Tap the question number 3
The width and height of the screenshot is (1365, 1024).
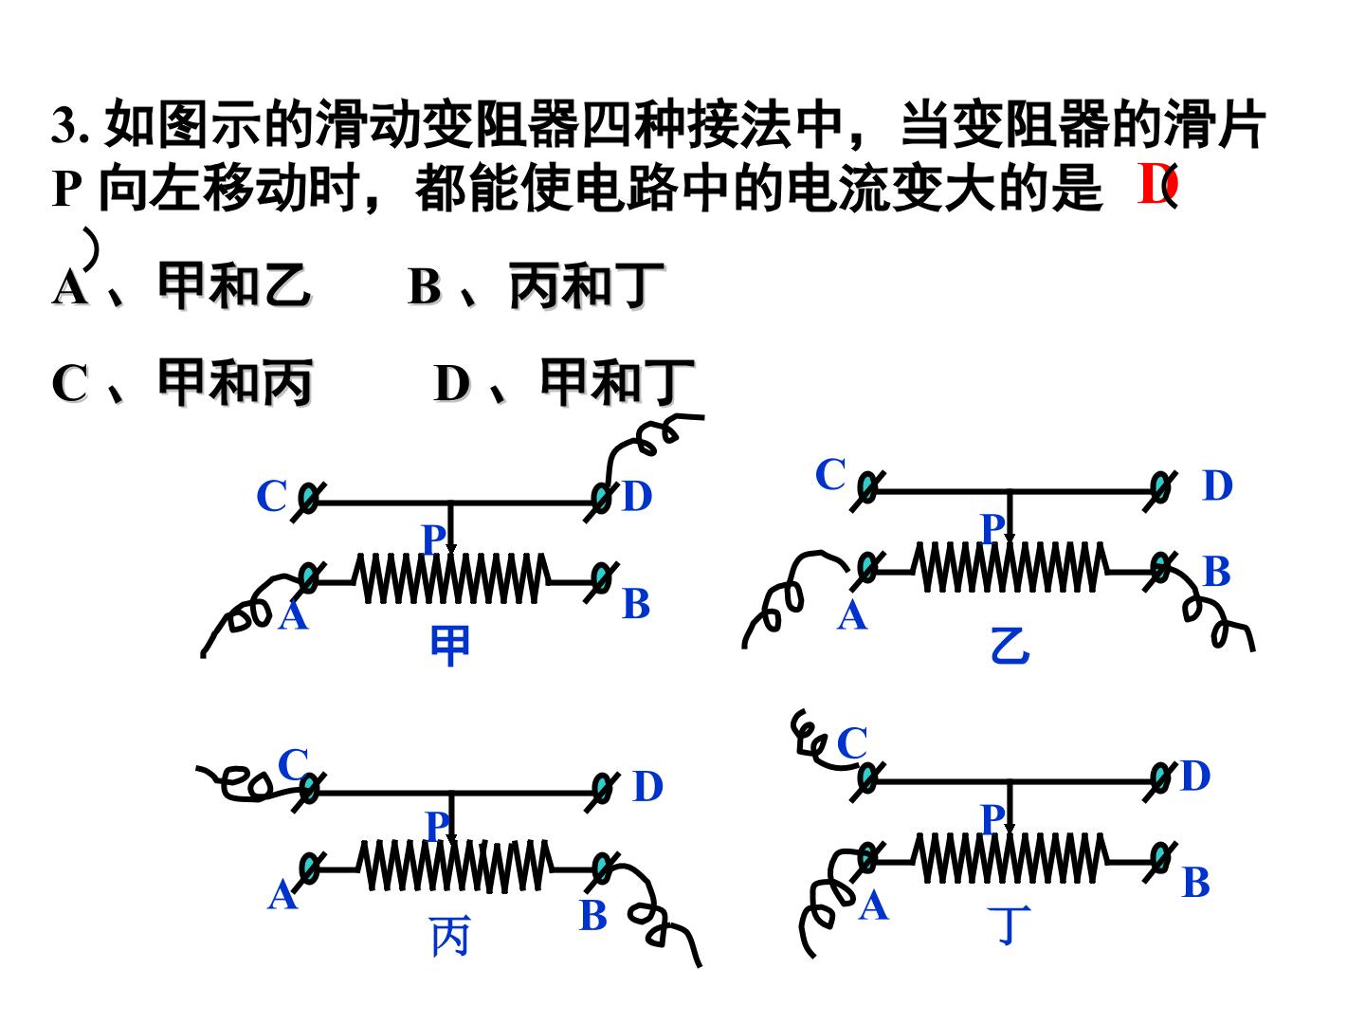click(x=64, y=126)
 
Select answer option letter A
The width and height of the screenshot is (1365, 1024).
click(x=69, y=287)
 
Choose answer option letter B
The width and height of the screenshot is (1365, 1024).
click(x=425, y=287)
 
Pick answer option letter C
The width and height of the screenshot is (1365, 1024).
click(x=69, y=383)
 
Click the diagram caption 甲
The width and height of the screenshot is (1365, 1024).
click(x=449, y=646)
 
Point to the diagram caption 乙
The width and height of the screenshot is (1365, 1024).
click(x=1010, y=646)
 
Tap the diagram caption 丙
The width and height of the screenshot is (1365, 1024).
click(x=449, y=937)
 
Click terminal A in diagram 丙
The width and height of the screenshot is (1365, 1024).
click(x=308, y=868)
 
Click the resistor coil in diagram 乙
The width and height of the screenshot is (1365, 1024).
click(x=1010, y=566)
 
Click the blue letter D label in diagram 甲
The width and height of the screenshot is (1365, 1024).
click(x=637, y=497)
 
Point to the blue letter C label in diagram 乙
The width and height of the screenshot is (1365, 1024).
click(x=830, y=474)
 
